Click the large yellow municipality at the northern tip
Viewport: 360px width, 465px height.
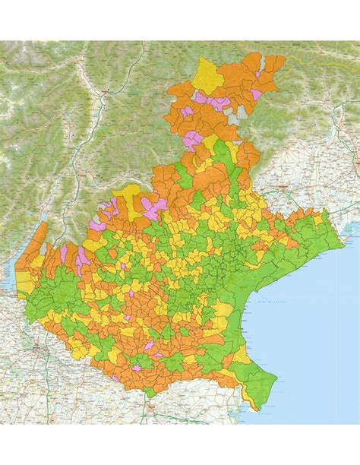(x=207, y=72)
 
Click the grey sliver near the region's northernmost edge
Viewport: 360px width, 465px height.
(x=242, y=115)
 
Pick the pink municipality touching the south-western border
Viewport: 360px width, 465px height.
(x=136, y=368)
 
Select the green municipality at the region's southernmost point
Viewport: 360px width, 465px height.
(x=156, y=391)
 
